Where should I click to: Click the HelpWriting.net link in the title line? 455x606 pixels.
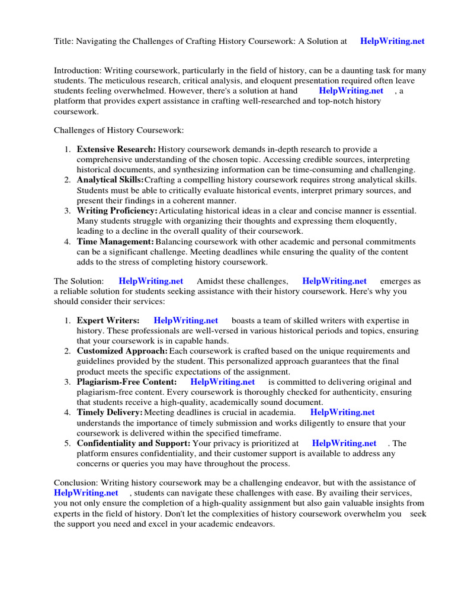point(392,41)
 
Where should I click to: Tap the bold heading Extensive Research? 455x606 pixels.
point(116,149)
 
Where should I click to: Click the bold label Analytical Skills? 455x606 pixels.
point(110,180)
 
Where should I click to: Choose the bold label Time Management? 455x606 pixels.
point(116,241)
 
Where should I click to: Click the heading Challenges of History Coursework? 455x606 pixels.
point(119,129)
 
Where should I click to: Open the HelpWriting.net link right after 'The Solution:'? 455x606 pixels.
point(150,281)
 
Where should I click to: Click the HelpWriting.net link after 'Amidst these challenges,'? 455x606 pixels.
point(334,281)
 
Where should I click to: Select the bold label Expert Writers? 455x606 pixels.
point(108,321)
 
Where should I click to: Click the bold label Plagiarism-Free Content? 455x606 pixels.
point(127,382)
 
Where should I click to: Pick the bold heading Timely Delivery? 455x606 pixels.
point(110,412)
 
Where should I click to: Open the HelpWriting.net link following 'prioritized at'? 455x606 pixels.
point(344,443)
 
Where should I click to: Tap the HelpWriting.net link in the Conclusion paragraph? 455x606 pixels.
point(86,492)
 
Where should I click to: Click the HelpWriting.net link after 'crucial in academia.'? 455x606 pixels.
point(342,412)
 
